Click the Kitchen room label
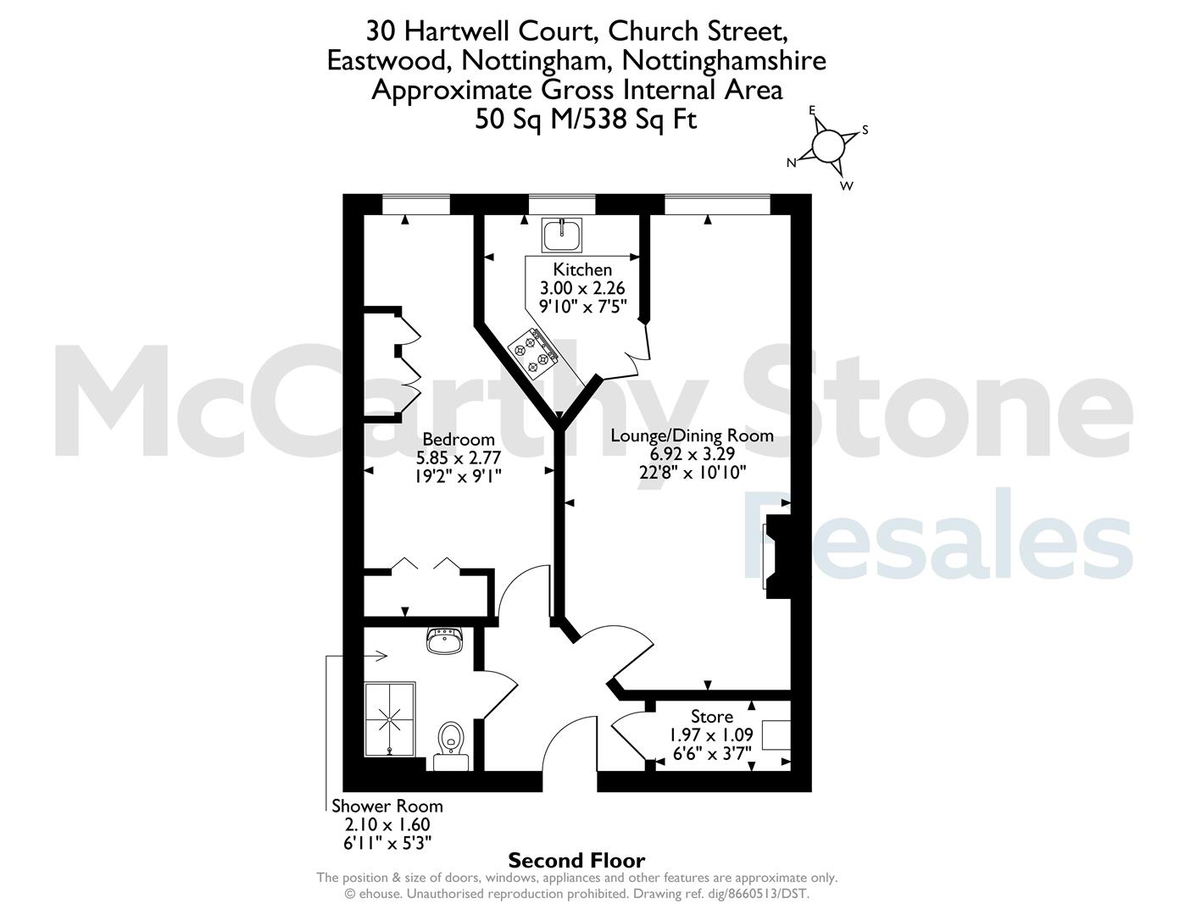point(582,269)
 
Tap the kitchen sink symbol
point(562,235)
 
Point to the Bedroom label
point(459,439)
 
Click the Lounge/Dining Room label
point(692,435)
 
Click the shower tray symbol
point(390,719)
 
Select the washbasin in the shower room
point(445,640)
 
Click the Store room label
point(712,716)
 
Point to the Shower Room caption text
point(387,806)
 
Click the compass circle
point(828,146)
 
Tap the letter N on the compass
point(792,163)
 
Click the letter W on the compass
point(846,186)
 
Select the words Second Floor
point(576,861)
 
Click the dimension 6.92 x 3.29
point(692,454)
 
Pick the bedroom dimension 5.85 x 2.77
point(459,457)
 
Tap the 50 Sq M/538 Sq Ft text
point(586,119)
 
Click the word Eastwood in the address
point(389,61)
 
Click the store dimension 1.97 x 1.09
point(712,735)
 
